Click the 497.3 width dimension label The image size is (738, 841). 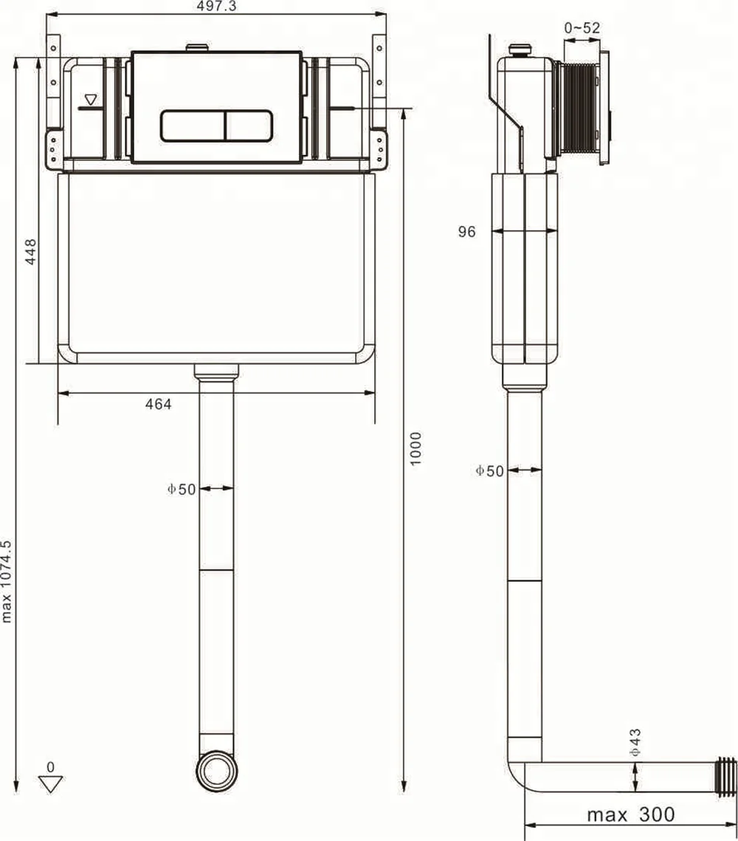coord(213,7)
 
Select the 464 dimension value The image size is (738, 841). coord(158,404)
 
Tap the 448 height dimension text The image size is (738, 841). coord(30,253)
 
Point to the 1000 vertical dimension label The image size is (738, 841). coord(416,448)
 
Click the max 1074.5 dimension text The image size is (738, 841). coord(7,581)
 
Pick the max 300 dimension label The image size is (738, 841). coord(630,814)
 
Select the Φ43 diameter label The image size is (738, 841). coord(635,741)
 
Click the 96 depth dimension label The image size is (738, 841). coord(466,232)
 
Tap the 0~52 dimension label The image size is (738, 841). coord(582,28)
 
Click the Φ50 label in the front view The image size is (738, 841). coord(182,489)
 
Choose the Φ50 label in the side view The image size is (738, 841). coord(489,470)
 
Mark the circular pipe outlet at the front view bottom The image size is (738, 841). coord(216,772)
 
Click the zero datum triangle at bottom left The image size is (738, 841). coord(50,783)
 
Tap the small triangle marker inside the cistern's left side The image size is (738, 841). coord(91,99)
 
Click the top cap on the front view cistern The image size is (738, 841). coord(197,48)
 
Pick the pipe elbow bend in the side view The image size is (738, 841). coord(519,768)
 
